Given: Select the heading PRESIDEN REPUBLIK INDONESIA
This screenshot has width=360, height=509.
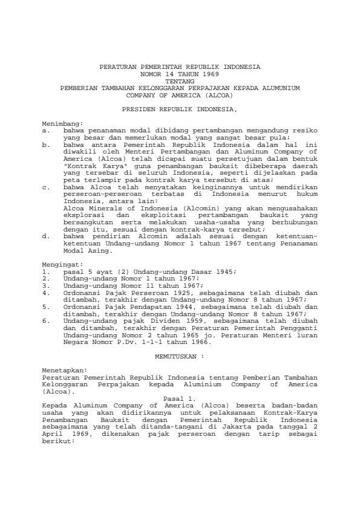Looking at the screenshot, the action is pos(180,110).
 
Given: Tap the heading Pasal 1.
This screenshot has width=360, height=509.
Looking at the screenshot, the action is pos(179,397).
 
